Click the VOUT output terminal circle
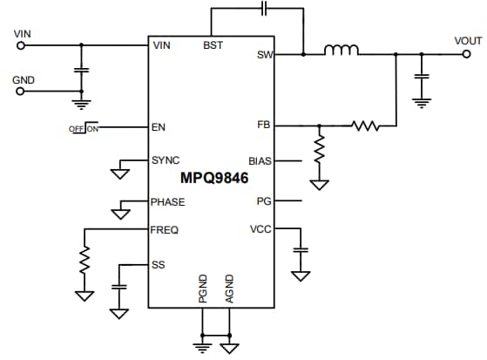(x=467, y=54)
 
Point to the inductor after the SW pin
(x=342, y=51)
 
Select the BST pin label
(x=213, y=44)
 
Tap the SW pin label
(x=265, y=55)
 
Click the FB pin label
(x=265, y=126)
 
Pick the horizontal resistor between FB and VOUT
(x=365, y=126)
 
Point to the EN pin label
(x=159, y=126)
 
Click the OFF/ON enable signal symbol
(x=85, y=128)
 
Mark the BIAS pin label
(x=260, y=161)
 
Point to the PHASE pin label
(x=168, y=201)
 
